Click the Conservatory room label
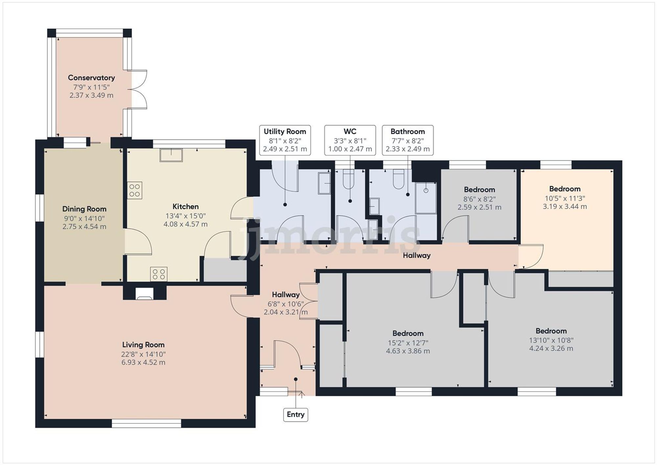point(91,78)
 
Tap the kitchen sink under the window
point(171,155)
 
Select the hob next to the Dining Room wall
point(135,190)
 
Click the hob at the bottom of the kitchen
point(159,274)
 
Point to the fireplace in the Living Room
point(145,293)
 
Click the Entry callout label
point(295,415)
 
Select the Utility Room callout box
point(285,140)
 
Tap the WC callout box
point(350,140)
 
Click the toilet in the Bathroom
point(398,179)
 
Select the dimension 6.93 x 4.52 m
point(143,362)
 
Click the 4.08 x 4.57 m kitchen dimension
point(186,224)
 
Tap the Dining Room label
point(84,209)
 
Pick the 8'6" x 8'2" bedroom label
point(479,199)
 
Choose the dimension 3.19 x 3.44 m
point(565,207)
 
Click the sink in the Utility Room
point(324,183)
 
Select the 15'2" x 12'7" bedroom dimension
point(408,343)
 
